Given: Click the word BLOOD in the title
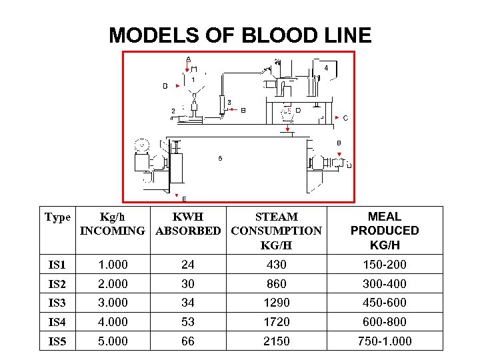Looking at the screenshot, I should coord(257,35).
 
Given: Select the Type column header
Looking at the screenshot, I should coord(57,217).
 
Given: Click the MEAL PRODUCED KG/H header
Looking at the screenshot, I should coord(385,231).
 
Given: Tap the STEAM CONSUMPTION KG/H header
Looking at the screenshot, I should coord(276,231).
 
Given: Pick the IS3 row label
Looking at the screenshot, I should coord(57,303).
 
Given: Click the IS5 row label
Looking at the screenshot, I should coord(57,341).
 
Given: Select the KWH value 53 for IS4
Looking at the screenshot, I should coord(188,322).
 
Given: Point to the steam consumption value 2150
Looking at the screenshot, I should coord(276,341).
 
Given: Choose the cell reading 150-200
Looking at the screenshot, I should coord(385,265).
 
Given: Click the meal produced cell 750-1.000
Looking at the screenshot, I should coord(385,341).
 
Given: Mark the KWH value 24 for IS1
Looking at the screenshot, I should coord(188,265).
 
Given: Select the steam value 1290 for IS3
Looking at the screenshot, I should coord(276,303).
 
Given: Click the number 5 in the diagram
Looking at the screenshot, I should coord(221,159).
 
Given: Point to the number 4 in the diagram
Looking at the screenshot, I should coord(326,68).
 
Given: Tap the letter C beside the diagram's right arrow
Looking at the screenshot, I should coord(345,118).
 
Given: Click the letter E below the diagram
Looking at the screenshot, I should coord(184,199).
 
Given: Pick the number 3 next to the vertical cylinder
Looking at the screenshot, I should coord(229,102).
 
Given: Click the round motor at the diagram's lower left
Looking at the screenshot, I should coord(141,145).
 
